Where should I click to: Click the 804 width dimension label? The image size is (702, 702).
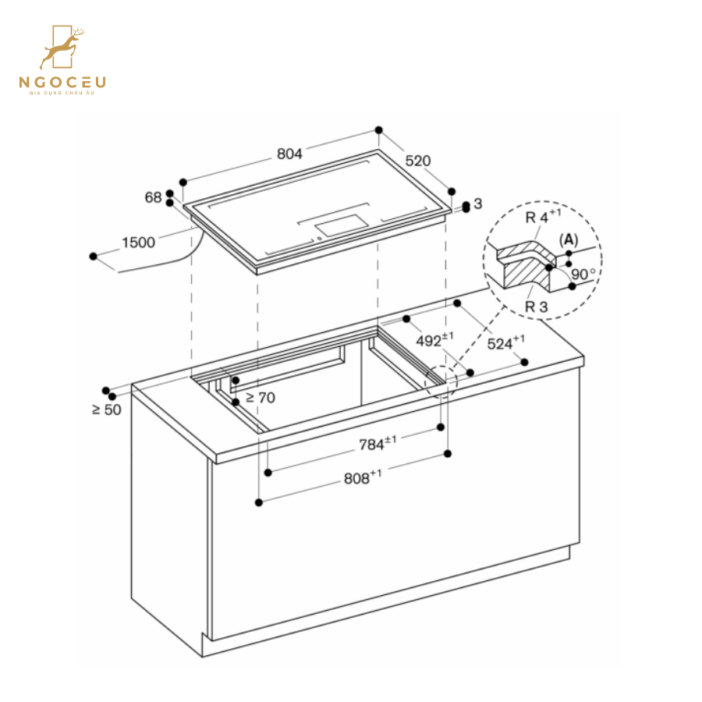289,154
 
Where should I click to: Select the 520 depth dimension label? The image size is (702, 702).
417,161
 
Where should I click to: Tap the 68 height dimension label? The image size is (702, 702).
153,198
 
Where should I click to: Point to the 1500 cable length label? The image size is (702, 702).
138,243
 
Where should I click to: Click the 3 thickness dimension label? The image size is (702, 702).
478,204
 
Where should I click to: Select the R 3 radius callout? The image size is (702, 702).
536,307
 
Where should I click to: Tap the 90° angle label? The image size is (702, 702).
583,275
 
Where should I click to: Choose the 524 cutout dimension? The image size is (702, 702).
505,342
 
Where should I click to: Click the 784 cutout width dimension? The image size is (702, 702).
377,444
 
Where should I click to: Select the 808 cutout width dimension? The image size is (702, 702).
363,478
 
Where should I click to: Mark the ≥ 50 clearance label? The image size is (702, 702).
107,409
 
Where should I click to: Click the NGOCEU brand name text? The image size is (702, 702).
63,82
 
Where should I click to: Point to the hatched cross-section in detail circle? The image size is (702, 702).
527,265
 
